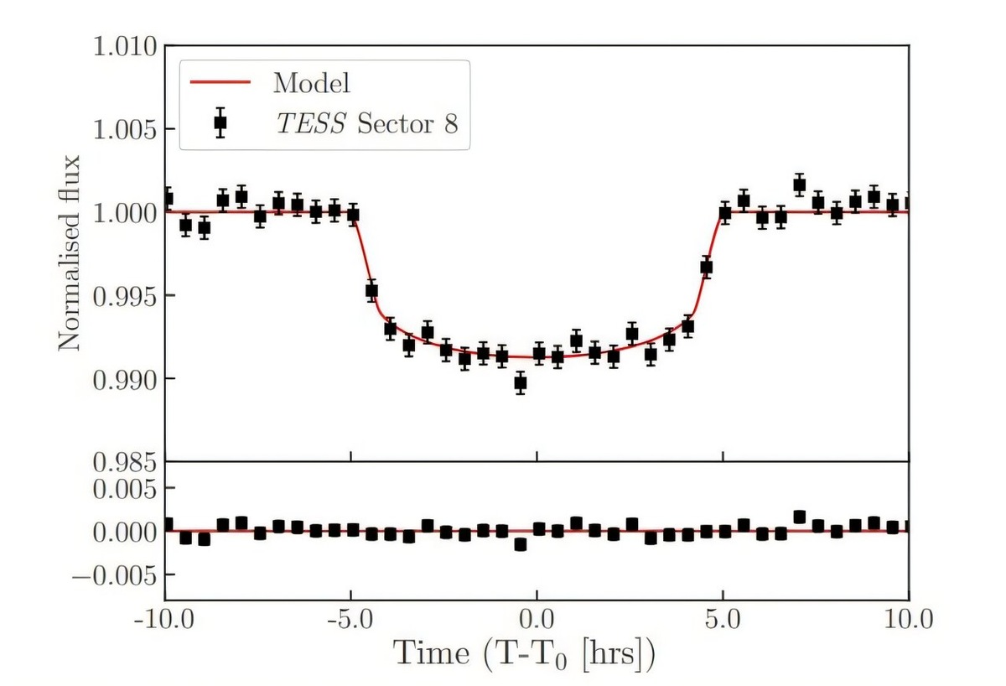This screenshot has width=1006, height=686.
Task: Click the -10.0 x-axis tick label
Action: (x=165, y=622)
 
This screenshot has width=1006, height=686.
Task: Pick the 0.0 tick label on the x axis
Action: (x=537, y=622)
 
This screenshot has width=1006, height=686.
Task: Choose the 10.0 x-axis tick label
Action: (x=909, y=622)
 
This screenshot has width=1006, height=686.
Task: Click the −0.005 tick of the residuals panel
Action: (x=115, y=575)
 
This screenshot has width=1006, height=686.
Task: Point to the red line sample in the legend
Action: (x=220, y=83)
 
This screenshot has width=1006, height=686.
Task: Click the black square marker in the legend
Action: (x=220, y=122)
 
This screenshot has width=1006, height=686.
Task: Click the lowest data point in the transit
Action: (x=520, y=383)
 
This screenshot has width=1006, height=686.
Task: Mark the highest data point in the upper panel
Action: (x=799, y=184)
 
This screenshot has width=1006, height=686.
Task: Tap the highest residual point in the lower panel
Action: (x=799, y=517)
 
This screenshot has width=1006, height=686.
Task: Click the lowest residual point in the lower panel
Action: (x=520, y=544)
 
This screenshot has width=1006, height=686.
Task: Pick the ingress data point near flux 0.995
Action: (x=371, y=291)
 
